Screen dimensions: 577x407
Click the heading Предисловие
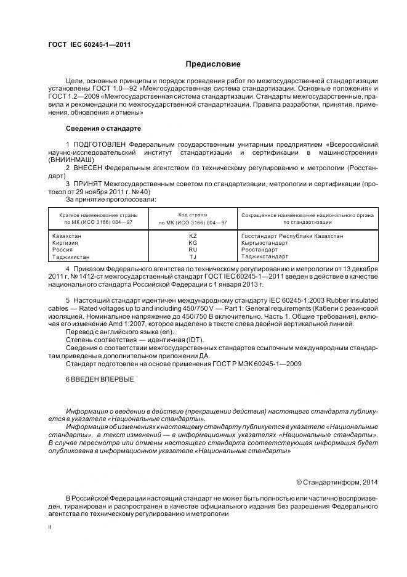(213, 64)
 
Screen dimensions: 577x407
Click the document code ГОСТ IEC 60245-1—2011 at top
(89, 45)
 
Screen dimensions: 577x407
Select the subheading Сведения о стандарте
(103, 128)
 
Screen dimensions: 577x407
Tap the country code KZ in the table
(193, 236)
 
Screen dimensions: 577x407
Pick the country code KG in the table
(193, 243)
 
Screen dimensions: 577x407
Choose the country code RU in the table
(193, 250)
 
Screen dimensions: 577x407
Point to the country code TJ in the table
(193, 256)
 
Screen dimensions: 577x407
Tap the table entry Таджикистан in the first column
(71, 256)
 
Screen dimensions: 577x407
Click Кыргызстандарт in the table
(264, 243)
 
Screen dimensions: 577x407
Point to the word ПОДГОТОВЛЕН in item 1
(99, 144)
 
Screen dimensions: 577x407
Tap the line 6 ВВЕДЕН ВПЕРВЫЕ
(99, 378)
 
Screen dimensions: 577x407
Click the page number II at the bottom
(50, 528)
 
